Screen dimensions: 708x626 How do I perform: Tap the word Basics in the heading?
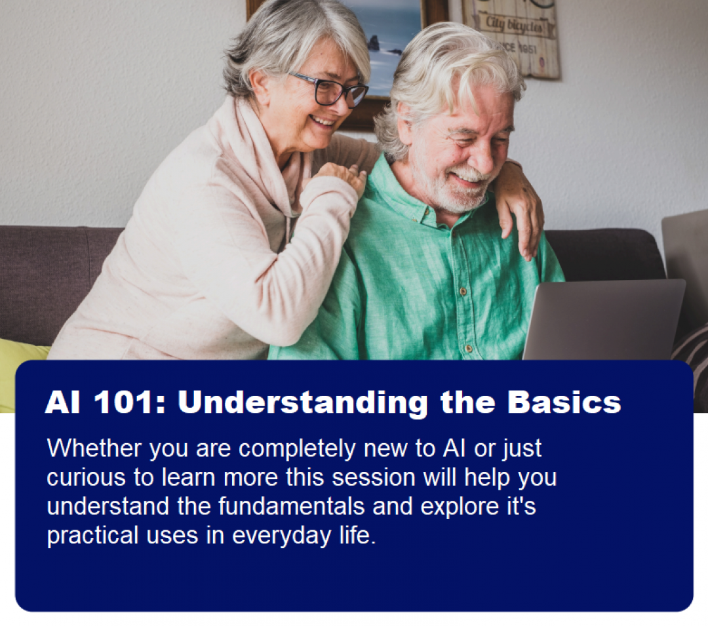pyautogui.click(x=564, y=401)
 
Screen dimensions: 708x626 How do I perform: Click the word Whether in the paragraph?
pyautogui.click(x=94, y=448)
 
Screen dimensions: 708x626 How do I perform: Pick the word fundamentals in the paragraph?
pyautogui.click(x=292, y=506)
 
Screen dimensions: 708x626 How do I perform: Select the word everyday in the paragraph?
pyautogui.click(x=282, y=536)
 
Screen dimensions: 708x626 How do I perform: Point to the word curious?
pyautogui.click(x=87, y=477)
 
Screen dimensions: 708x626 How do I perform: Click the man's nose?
pyautogui.click(x=481, y=159)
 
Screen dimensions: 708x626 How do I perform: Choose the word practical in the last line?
pyautogui.click(x=92, y=536)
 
